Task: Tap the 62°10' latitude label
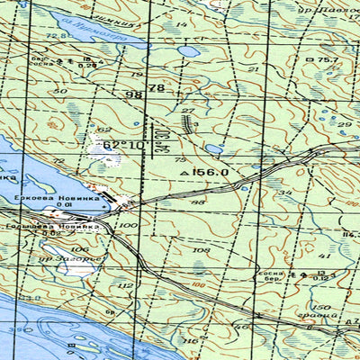click(x=123, y=145)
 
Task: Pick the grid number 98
click(x=135, y=94)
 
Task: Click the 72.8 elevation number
click(x=61, y=36)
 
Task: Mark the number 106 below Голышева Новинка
click(x=80, y=248)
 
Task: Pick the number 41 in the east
click(x=325, y=256)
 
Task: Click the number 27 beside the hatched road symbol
click(x=187, y=111)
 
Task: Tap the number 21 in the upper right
click(x=253, y=68)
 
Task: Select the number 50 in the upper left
click(x=60, y=91)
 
